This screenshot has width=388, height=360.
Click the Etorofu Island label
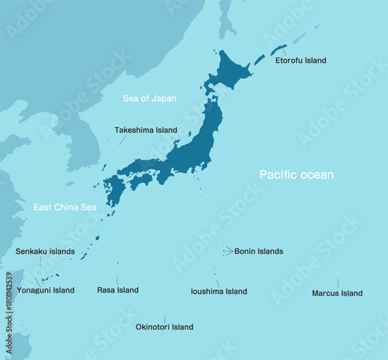pos(301,61)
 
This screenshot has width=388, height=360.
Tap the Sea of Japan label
pos(150,99)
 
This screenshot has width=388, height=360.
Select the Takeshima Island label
pos(146,130)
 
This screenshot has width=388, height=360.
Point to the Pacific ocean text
pos(296,175)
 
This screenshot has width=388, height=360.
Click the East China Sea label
pos(64,207)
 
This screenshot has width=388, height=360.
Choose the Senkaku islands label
pos(45,251)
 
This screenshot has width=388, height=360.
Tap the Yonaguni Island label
pos(46,290)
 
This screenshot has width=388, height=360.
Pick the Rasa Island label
pos(118,290)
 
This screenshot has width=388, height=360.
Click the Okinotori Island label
pos(165,327)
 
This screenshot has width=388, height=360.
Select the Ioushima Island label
pos(219,292)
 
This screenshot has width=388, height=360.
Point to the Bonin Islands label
pos(258,251)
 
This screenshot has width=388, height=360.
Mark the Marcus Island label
pos(337,293)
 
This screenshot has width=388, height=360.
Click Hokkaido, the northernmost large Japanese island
pos(228,71)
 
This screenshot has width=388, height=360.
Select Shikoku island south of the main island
pos(141,181)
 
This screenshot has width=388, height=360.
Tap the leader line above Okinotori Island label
pos(165,319)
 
